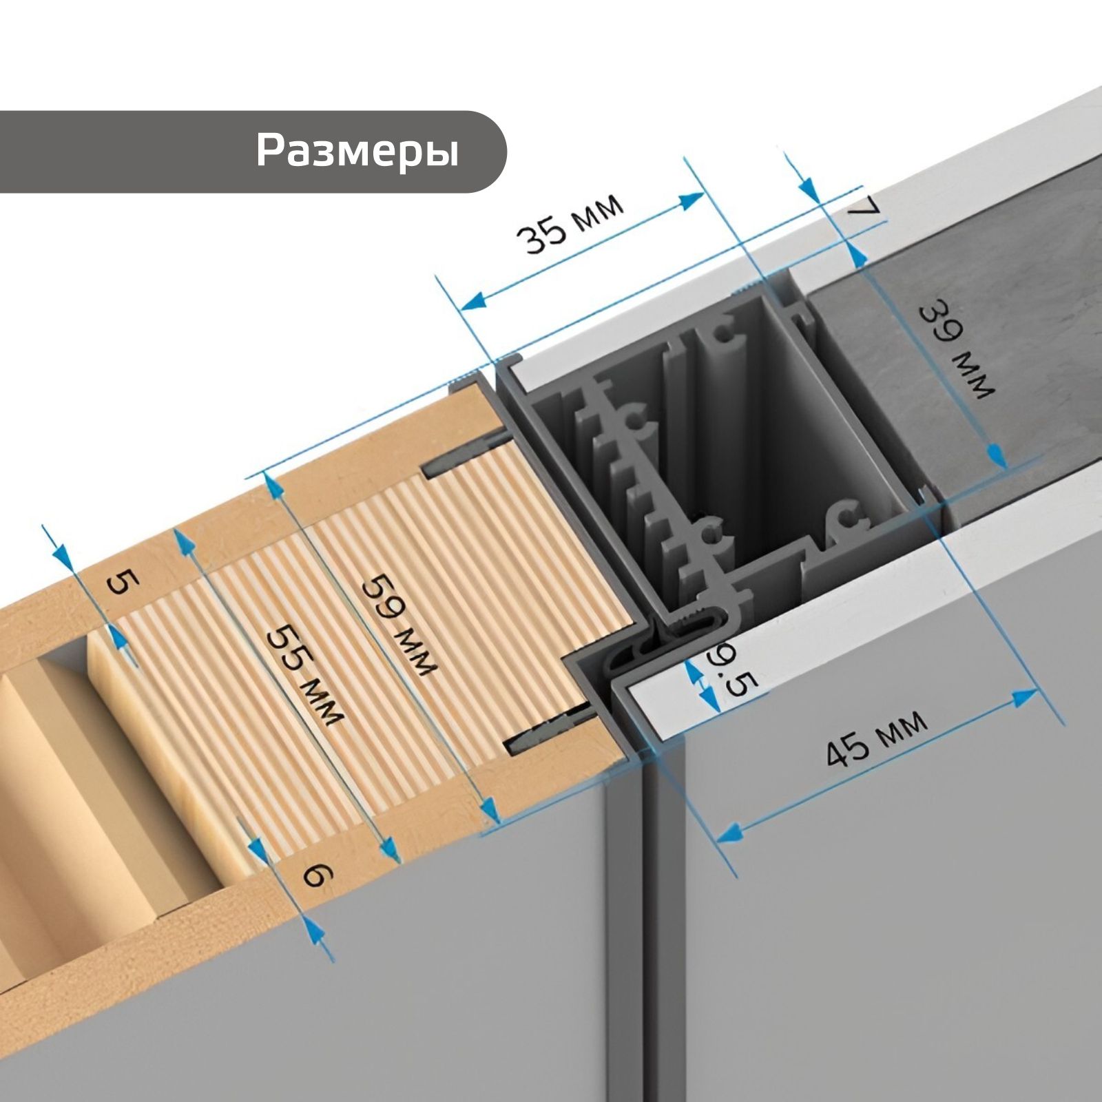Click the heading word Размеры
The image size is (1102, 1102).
pos(357,151)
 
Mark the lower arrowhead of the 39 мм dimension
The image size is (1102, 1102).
pos(997,455)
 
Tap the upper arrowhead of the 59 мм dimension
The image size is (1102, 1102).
pos(275,487)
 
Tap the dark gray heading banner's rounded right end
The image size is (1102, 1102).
pos(482,152)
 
